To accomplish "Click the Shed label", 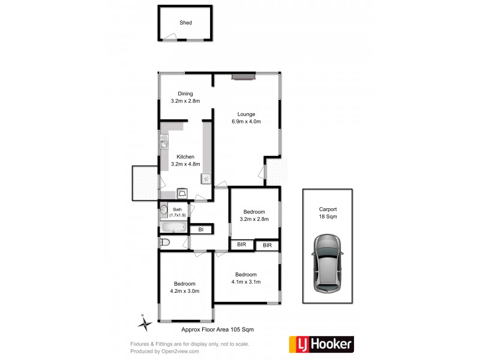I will (x=185, y=23).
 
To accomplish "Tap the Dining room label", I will (x=185, y=97).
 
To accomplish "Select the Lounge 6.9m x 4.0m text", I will (x=246, y=118).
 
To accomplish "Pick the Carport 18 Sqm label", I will (x=328, y=213).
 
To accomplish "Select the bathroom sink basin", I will (x=163, y=210).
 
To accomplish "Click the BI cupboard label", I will (x=201, y=229).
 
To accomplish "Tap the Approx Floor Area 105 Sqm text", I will (x=221, y=329).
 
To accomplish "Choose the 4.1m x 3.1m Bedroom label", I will (x=248, y=278).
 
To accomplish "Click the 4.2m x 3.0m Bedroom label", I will (x=185, y=287).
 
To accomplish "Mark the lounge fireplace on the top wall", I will (x=244, y=76).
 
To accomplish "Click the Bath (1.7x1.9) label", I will (x=178, y=212).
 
